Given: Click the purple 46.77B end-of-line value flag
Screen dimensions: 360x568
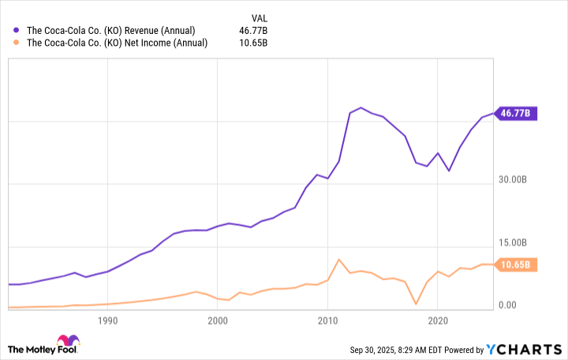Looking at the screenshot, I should (x=516, y=113).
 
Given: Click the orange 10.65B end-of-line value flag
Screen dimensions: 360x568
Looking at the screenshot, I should (x=516, y=264).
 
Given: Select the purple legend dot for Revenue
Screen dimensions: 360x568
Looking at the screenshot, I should (x=17, y=30).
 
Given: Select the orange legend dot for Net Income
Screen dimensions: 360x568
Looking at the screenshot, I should (x=17, y=43).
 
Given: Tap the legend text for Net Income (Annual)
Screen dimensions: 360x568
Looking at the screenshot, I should (x=118, y=43).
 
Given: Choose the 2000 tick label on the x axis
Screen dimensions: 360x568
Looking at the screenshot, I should (x=218, y=321).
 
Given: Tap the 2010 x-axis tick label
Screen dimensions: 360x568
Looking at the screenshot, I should (x=327, y=321).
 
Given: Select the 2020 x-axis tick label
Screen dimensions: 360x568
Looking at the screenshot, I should (x=438, y=321).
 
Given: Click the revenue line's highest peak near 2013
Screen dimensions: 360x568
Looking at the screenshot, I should (x=361, y=107).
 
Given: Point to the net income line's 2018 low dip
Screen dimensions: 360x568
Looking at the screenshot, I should (x=416, y=303).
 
